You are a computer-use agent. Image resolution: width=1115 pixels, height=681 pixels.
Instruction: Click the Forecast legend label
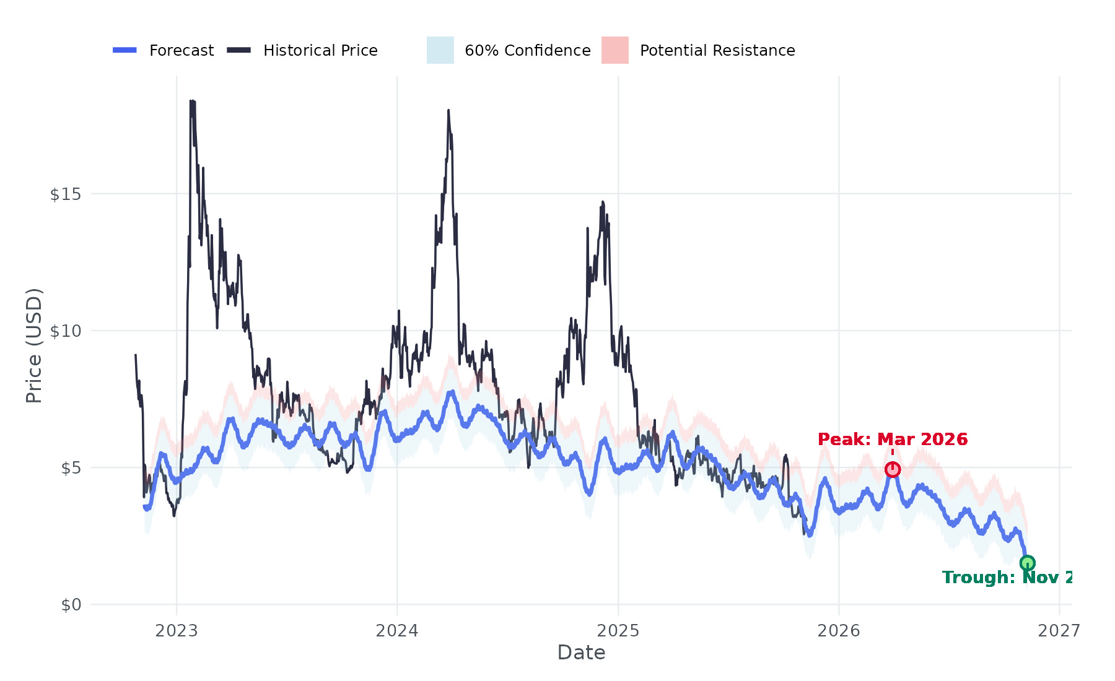181,51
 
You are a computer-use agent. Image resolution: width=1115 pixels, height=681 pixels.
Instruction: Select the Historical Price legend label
320,51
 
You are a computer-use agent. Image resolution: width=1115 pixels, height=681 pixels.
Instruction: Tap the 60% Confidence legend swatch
440,50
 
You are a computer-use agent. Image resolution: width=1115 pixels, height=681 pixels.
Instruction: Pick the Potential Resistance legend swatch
614,50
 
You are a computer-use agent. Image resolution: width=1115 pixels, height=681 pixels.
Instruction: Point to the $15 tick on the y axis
65,194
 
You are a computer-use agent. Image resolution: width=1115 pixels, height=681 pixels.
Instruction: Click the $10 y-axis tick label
65,331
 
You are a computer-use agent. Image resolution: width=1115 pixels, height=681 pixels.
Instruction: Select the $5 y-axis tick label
71,468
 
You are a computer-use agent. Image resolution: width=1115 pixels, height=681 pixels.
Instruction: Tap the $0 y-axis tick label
71,605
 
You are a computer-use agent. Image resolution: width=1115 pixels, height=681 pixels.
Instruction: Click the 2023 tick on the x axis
177,631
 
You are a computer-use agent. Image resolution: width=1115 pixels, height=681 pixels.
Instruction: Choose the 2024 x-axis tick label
397,631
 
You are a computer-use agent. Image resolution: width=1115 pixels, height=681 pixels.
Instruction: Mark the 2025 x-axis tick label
618,631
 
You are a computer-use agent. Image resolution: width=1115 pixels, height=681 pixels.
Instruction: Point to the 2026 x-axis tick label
839,631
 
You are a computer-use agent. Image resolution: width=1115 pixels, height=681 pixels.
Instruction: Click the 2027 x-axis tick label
1059,631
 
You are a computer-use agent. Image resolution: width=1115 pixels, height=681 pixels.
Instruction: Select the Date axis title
581,653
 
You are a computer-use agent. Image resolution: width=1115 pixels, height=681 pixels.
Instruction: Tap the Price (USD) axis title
34,345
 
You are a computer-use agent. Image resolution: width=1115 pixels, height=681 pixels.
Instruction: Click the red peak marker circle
892,470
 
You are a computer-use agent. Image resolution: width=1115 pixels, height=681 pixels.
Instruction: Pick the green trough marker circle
1027,563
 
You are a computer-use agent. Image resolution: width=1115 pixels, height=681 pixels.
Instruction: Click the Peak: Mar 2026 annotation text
892,440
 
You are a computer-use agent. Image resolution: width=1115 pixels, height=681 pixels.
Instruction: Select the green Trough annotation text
1007,578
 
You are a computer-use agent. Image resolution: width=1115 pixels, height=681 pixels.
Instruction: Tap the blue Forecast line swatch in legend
125,50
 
